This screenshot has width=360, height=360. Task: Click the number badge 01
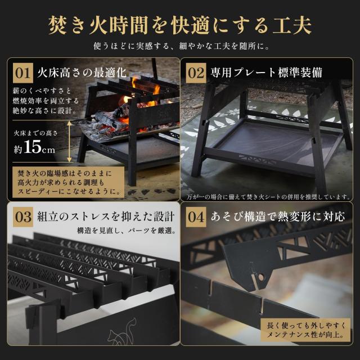click(x=23, y=73)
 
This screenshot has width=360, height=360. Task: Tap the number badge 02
click(x=196, y=73)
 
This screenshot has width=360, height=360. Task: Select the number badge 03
click(x=23, y=217)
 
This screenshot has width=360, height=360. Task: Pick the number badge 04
click(x=196, y=217)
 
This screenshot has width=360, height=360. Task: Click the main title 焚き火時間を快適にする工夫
click(x=180, y=25)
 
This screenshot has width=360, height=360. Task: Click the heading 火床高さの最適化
click(x=82, y=73)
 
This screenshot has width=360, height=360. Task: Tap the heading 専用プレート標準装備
click(x=266, y=73)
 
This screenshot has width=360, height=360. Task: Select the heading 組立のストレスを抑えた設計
click(x=106, y=217)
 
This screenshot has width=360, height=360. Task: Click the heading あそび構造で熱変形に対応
click(x=278, y=217)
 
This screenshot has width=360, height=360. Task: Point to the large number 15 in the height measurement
click(x=33, y=147)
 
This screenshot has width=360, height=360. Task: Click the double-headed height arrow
click(x=69, y=141)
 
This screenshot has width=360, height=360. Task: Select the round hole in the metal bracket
click(x=261, y=277)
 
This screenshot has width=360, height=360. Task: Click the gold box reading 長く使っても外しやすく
click(x=305, y=330)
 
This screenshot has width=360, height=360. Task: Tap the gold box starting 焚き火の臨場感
click(x=69, y=182)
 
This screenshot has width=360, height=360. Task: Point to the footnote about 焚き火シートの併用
click(x=269, y=197)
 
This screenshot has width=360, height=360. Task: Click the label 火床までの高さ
click(x=36, y=133)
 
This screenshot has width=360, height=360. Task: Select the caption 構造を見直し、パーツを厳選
click(x=127, y=230)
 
